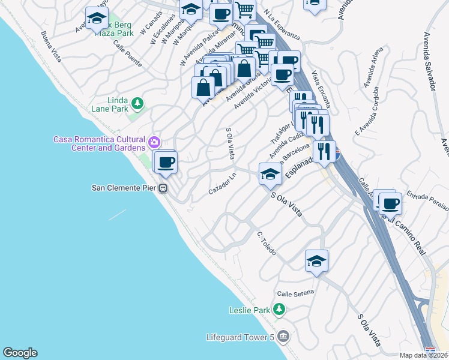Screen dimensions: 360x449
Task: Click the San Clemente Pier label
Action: point(124,188)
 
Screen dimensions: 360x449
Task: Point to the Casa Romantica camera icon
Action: point(155,142)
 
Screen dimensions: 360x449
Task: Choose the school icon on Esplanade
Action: point(270,175)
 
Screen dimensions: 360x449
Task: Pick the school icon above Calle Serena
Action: point(316,261)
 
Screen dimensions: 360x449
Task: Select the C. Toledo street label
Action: point(266,244)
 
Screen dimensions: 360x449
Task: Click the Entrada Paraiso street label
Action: point(427,199)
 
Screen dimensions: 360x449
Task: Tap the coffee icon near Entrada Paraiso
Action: point(390,203)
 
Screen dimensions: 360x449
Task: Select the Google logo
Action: point(20,353)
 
